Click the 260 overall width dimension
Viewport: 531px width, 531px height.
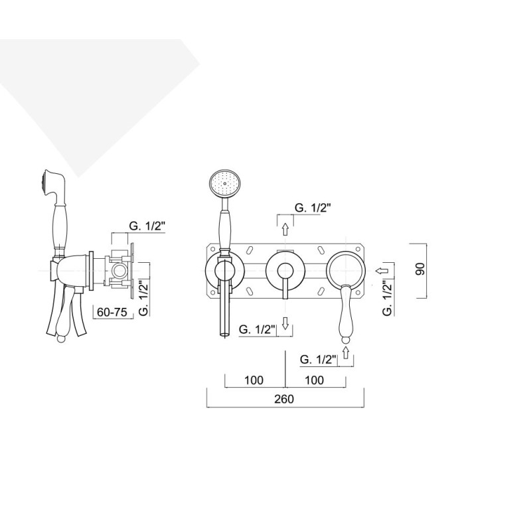(x=284, y=399)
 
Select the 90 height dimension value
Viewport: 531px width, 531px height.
(x=420, y=269)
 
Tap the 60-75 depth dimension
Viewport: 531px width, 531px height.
(x=112, y=312)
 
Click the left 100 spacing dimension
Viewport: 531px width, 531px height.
(x=254, y=380)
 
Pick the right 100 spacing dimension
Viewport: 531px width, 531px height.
(x=314, y=380)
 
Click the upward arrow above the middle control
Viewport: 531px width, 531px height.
(x=285, y=229)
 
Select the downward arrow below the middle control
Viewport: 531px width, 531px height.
(x=285, y=323)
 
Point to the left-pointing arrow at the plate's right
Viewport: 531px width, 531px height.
(x=381, y=271)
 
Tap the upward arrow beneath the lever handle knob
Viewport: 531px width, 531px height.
(x=345, y=352)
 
